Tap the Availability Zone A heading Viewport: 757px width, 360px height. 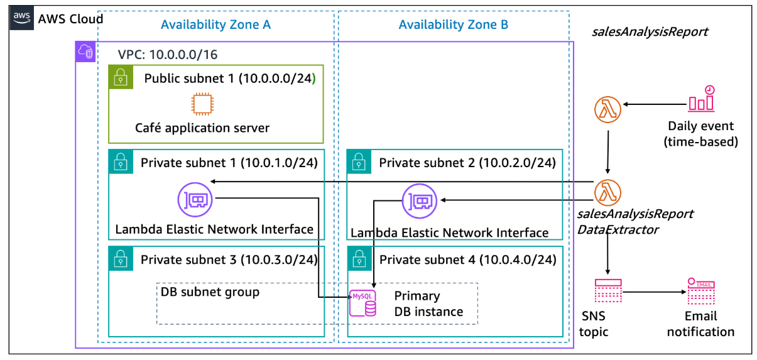click(x=215, y=25)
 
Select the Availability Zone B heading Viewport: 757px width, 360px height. click(x=453, y=25)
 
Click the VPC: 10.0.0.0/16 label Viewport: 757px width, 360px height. click(x=168, y=54)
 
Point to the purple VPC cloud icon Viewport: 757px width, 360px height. click(x=85, y=52)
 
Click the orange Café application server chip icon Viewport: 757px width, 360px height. click(x=202, y=104)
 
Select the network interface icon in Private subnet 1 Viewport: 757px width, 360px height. click(x=195, y=200)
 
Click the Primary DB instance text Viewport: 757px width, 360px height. click(x=428, y=303)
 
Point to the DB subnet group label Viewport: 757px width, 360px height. click(x=210, y=292)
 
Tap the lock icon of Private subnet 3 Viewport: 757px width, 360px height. click(x=119, y=258)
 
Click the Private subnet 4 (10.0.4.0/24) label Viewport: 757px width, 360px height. click(x=467, y=259)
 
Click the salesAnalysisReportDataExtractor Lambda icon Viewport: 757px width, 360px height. click(x=607, y=190)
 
